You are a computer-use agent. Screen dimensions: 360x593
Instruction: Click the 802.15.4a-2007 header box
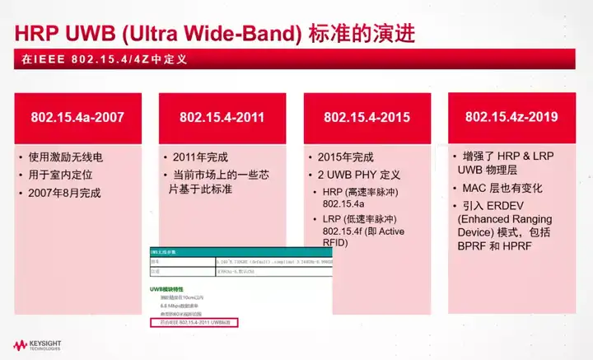click(78, 117)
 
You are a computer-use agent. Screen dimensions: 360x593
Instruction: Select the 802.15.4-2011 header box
click(222, 117)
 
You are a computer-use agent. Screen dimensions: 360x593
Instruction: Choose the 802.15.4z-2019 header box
click(511, 117)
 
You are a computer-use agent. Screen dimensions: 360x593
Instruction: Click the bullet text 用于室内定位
click(65, 175)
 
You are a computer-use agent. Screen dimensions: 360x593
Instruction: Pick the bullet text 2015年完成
click(345, 157)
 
